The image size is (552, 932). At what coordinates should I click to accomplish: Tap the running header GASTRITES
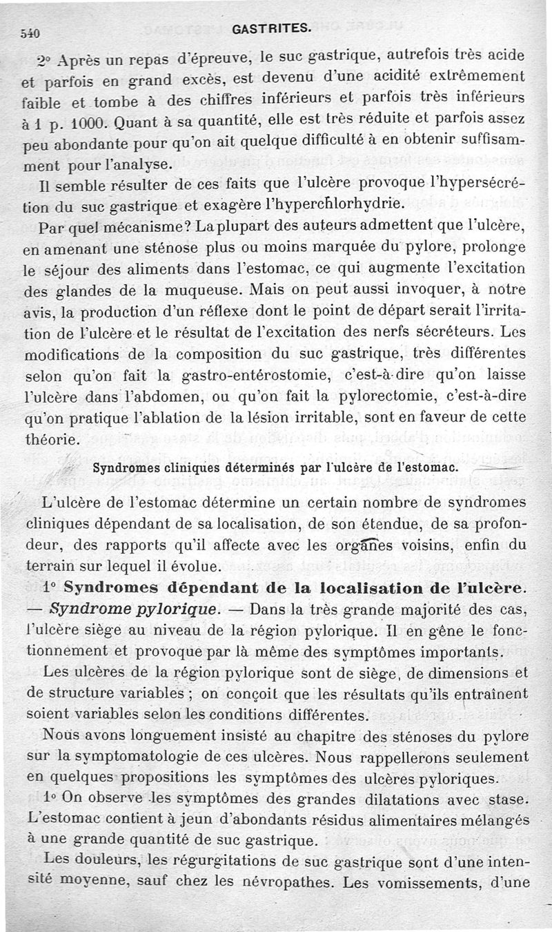coord(273,29)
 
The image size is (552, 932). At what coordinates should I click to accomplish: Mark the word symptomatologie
coord(141,757)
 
